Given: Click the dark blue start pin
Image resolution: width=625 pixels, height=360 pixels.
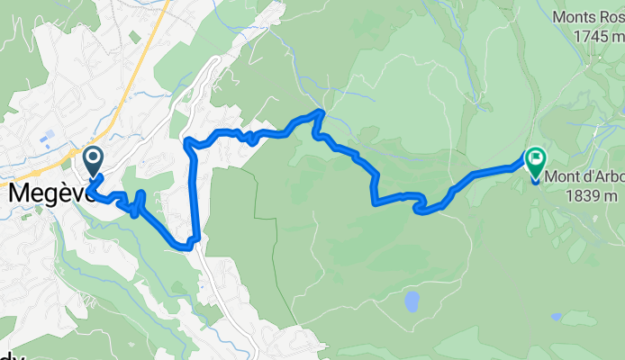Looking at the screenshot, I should coord(92,160).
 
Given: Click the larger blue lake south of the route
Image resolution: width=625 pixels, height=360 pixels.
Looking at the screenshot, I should coord(412,301).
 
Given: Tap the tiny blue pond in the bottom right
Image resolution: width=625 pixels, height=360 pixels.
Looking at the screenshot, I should coord(557,317).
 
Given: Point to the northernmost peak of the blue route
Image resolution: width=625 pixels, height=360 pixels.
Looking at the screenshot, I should coord(320,112).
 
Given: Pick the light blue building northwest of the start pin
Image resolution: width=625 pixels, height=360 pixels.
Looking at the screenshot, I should coord(48,137).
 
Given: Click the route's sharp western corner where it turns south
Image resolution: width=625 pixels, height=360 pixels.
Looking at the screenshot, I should coord(186,141).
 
